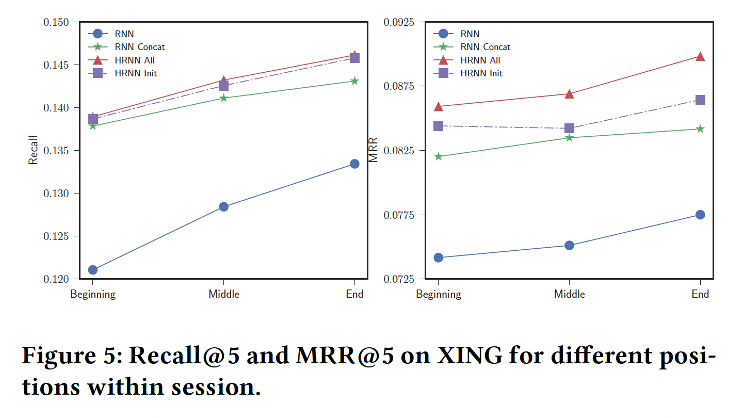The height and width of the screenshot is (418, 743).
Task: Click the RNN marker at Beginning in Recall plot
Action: (93, 270)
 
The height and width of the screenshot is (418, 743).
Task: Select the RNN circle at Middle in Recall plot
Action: (224, 207)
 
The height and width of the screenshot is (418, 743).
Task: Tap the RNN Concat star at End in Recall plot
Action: (354, 81)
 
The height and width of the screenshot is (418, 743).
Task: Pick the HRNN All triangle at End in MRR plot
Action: (700, 56)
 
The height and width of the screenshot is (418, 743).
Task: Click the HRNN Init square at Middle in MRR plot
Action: (569, 128)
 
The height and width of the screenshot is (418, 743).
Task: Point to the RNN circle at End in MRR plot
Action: (700, 215)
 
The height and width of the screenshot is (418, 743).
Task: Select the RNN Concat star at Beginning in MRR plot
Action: (439, 156)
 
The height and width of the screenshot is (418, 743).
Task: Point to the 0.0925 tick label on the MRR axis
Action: (398, 22)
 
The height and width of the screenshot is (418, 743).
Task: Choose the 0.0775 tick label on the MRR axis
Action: (398, 215)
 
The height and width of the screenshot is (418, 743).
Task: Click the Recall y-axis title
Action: (33, 150)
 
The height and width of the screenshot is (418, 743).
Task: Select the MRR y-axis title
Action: (374, 150)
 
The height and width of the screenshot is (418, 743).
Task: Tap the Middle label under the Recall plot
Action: (224, 294)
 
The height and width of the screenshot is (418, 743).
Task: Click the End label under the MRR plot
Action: (700, 294)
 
